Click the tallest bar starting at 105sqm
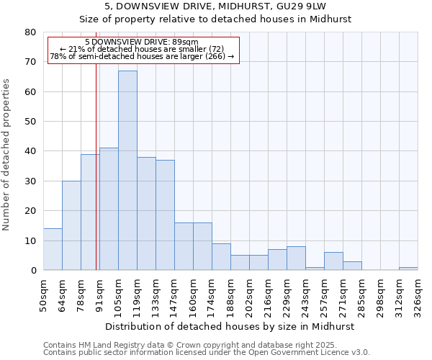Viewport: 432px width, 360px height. [127, 171]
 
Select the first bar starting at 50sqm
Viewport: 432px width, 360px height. [53, 249]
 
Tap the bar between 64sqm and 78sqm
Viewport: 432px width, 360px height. [71, 225]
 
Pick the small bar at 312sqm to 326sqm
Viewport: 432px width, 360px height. [408, 269]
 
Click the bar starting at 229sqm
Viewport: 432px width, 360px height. [296, 258]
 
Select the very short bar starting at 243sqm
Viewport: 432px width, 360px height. [315, 269]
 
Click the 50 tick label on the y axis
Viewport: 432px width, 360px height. [31, 122]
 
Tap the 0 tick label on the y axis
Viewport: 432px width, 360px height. [33, 271]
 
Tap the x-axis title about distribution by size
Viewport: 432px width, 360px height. [230, 326]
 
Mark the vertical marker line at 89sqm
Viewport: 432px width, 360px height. [96, 180]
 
